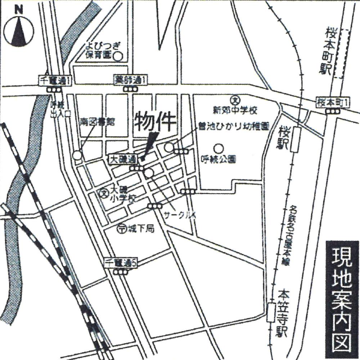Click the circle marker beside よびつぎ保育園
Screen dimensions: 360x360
point(118,56)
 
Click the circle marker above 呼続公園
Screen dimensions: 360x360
point(217,148)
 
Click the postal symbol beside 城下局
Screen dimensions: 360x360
point(121,228)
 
